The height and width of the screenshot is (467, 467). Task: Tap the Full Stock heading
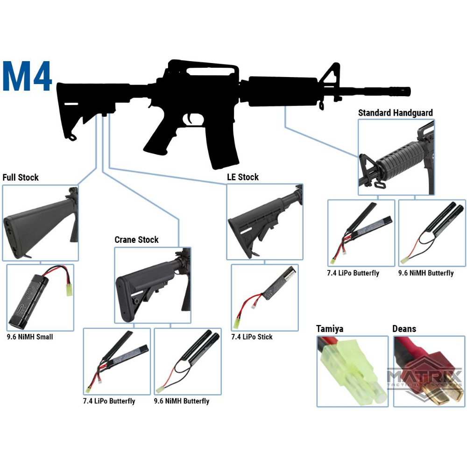[x=21, y=177]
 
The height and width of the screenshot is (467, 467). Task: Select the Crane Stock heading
[x=136, y=240]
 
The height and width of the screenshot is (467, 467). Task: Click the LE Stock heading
[x=242, y=177]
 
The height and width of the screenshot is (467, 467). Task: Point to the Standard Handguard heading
[x=395, y=113]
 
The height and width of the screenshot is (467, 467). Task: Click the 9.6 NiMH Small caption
[x=29, y=337]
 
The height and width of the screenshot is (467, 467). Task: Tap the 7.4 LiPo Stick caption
[x=252, y=337]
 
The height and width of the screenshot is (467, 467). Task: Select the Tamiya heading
[x=330, y=329]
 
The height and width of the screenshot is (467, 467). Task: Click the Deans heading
[x=404, y=329]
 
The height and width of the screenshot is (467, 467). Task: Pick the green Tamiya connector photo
[x=352, y=371]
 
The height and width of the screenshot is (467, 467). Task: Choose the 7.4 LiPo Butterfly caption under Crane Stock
[x=109, y=401]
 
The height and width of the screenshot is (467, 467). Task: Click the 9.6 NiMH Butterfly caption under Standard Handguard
[x=426, y=273]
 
